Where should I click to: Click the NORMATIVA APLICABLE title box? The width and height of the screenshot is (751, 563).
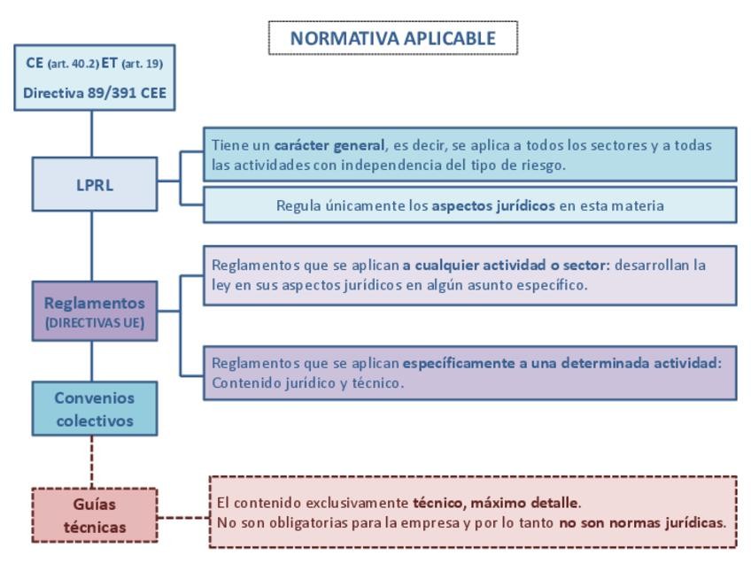tap(392, 39)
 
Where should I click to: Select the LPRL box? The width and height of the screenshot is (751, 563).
tap(94, 185)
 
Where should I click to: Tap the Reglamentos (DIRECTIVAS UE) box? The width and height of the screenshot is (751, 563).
tap(94, 311)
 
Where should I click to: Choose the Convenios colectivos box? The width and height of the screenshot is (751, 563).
tap(94, 409)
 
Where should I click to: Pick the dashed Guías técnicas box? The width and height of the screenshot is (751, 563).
tap(94, 515)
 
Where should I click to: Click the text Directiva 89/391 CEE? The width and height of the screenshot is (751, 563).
tap(95, 92)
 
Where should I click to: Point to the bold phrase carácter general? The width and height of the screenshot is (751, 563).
tap(329, 145)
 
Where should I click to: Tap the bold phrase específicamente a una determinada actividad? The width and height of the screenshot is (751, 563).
tap(562, 363)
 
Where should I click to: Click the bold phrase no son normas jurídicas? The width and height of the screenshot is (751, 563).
tap(642, 522)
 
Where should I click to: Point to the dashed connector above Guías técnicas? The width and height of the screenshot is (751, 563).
tap(93, 461)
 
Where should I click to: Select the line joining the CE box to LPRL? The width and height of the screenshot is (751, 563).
tap(92, 134)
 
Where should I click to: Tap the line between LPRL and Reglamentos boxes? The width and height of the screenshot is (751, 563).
tap(92, 245)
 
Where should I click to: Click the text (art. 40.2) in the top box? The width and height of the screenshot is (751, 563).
tap(74, 64)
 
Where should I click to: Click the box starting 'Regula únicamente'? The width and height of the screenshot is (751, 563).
tap(469, 205)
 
